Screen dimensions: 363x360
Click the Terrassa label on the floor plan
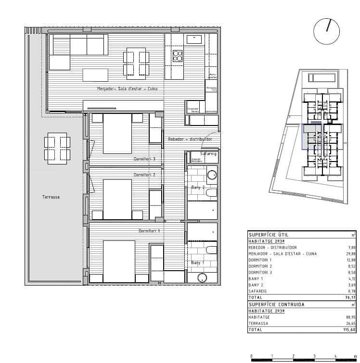click(x=51, y=197)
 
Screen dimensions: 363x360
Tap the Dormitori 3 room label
click(x=144, y=159)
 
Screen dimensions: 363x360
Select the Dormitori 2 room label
click(x=144, y=175)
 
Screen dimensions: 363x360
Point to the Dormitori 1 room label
click(x=149, y=231)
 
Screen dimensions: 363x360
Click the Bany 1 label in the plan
click(x=197, y=263)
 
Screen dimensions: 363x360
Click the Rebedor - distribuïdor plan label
click(x=190, y=139)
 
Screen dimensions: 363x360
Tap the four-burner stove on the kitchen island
click(x=178, y=55)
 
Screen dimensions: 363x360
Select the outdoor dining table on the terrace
click(x=57, y=149)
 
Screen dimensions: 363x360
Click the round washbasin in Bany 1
click(x=203, y=278)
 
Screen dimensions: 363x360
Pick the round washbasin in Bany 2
click(x=212, y=175)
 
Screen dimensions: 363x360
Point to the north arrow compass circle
click(x=326, y=32)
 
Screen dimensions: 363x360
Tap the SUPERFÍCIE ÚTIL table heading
click(x=269, y=235)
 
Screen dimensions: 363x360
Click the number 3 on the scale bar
click(x=314, y=356)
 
